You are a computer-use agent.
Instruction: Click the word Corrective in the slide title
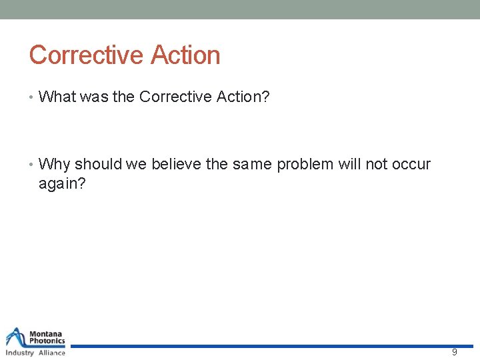click(87, 55)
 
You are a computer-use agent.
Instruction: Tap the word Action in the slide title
click(185, 55)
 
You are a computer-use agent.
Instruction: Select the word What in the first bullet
click(58, 97)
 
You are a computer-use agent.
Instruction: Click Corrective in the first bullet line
click(175, 97)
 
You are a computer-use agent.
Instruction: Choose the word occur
click(411, 164)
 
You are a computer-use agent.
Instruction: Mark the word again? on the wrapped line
click(62, 183)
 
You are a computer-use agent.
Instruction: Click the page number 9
click(455, 352)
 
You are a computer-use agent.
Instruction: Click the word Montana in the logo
click(47, 333)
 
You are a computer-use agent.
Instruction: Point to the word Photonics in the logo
click(47, 341)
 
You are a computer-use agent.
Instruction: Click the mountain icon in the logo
click(16, 337)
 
